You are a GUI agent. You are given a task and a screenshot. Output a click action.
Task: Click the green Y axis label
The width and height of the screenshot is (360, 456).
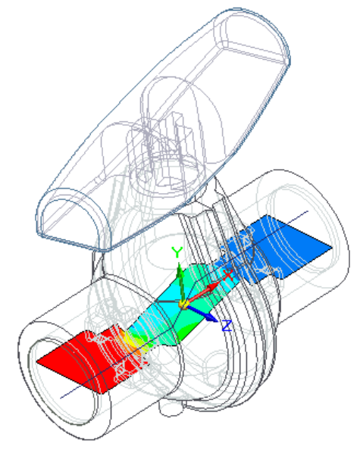point(177,252)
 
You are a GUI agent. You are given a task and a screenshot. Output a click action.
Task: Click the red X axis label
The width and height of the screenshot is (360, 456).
point(228,275)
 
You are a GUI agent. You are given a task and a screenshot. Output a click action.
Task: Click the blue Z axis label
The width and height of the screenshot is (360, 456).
point(227,326)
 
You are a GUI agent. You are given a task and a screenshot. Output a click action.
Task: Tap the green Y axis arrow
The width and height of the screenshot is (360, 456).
point(180,283)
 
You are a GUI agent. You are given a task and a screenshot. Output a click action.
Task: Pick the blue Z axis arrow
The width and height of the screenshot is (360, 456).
point(202,313)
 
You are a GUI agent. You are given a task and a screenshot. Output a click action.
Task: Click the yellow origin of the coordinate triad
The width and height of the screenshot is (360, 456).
point(183,305)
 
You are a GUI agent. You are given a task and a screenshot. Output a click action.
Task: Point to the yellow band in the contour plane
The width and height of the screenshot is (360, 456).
point(133,340)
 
